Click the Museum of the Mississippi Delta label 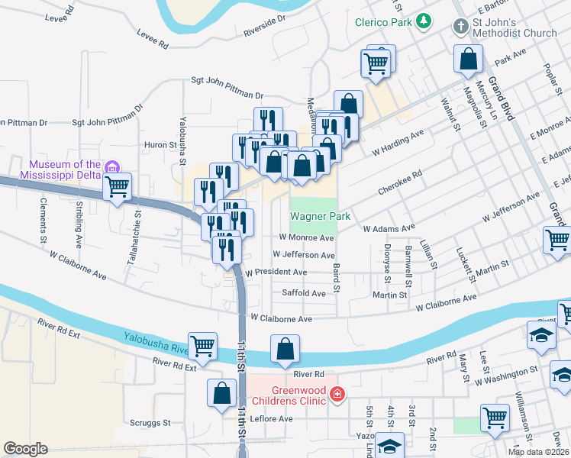coord(65,169)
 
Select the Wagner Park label coord(320,217)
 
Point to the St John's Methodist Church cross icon coord(460,27)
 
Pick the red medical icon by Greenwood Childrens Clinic coord(337,394)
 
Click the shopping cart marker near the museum coord(118,185)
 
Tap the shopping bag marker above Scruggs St coord(221,392)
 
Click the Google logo coord(25,449)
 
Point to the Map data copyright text coord(539,452)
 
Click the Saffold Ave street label coord(304,293)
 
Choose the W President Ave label coord(276,273)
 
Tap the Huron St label coord(160,144)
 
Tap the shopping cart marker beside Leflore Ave coord(495,418)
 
